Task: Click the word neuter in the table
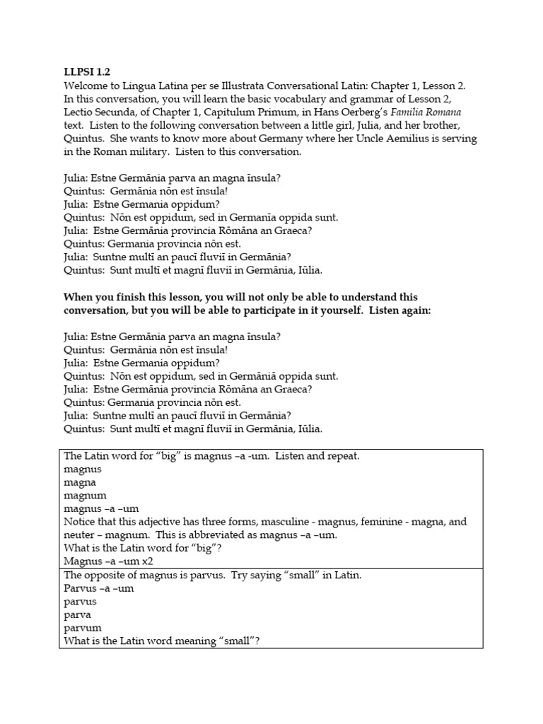79,535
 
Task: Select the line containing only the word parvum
83,628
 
